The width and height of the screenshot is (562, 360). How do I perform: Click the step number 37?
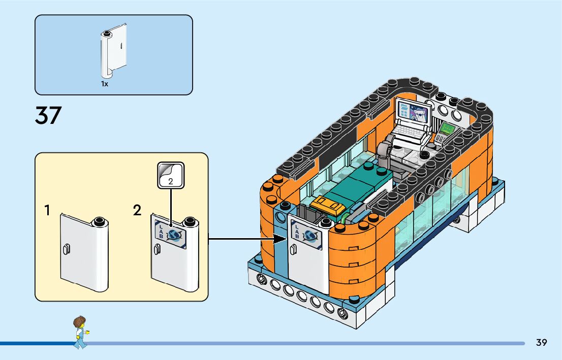(48, 115)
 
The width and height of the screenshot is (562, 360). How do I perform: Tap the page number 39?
(542, 342)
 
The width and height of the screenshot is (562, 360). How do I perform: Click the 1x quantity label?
(104, 84)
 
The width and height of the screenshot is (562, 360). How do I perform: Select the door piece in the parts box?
(114, 51)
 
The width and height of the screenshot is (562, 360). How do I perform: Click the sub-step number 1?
(47, 210)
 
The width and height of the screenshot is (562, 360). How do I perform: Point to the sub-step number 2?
(137, 210)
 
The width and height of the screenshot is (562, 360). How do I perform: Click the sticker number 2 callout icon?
(171, 175)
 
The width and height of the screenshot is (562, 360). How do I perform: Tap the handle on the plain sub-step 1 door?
(66, 249)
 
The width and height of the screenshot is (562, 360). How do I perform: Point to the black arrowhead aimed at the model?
(280, 238)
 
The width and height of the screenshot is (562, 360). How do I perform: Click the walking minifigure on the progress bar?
(81, 332)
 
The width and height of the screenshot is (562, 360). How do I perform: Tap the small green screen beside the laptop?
(447, 128)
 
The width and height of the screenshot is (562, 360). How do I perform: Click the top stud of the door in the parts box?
(106, 34)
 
